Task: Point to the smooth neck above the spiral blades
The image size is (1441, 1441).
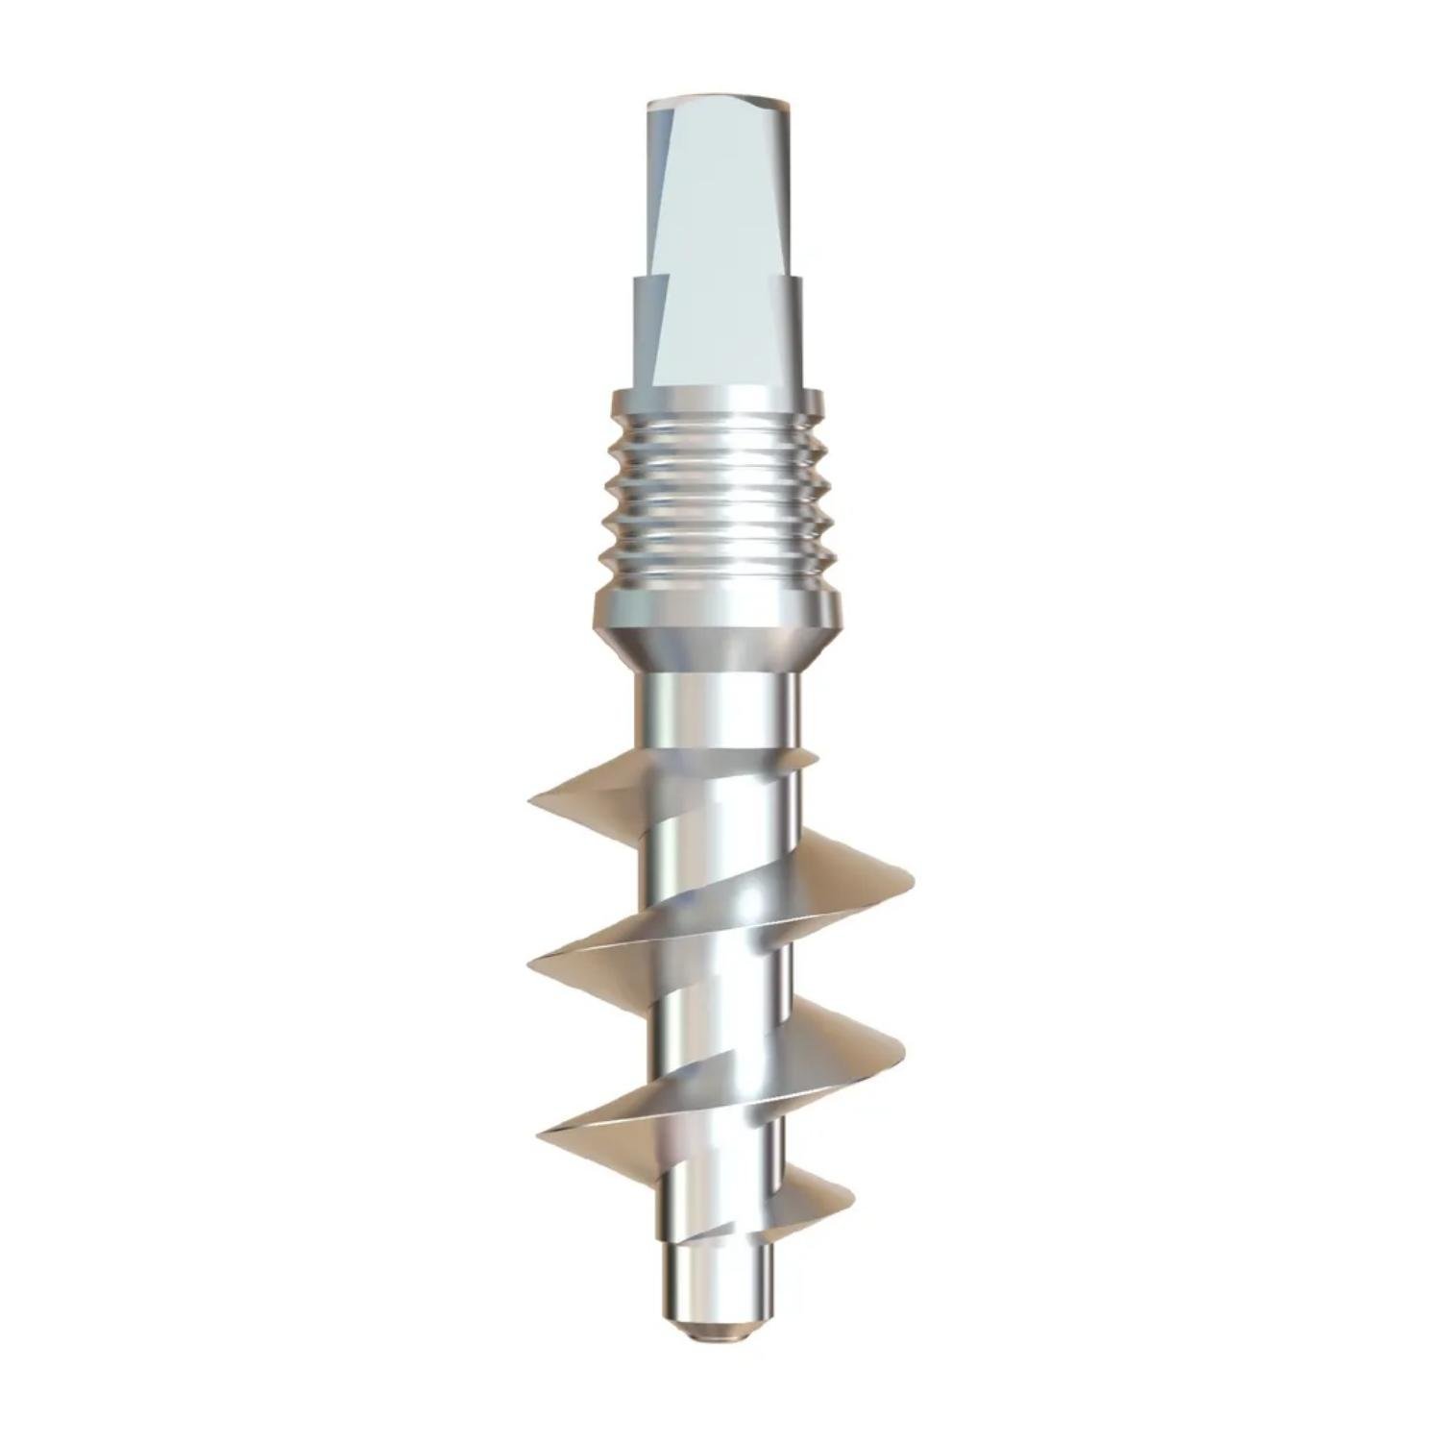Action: pyautogui.click(x=717, y=716)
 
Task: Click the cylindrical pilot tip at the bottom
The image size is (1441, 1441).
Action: pyautogui.click(x=716, y=1278)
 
